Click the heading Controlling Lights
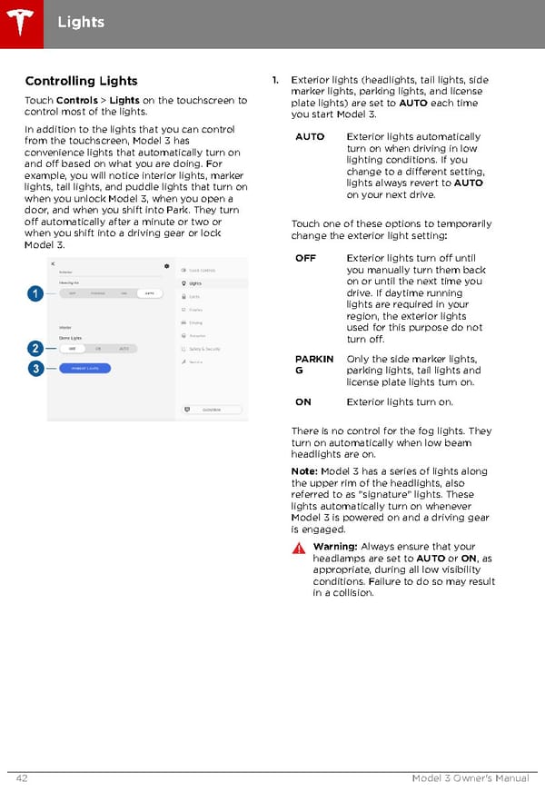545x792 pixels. click(81, 81)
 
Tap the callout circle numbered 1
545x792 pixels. click(34, 293)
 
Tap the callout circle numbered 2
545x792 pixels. click(34, 349)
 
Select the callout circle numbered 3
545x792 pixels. click(34, 368)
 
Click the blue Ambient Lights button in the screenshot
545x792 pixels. click(85, 368)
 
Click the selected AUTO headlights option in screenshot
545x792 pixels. click(147, 293)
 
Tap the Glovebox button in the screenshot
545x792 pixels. click(214, 409)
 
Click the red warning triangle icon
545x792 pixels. click(299, 549)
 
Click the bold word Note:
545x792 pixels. click(304, 471)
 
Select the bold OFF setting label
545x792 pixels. click(306, 258)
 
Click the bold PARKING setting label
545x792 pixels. click(312, 364)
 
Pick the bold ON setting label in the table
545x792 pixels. click(303, 402)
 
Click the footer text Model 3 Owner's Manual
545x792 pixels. click(470, 777)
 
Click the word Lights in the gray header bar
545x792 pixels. click(81, 22)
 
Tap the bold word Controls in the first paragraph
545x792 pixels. click(77, 100)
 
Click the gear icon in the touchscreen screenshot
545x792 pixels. click(167, 266)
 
